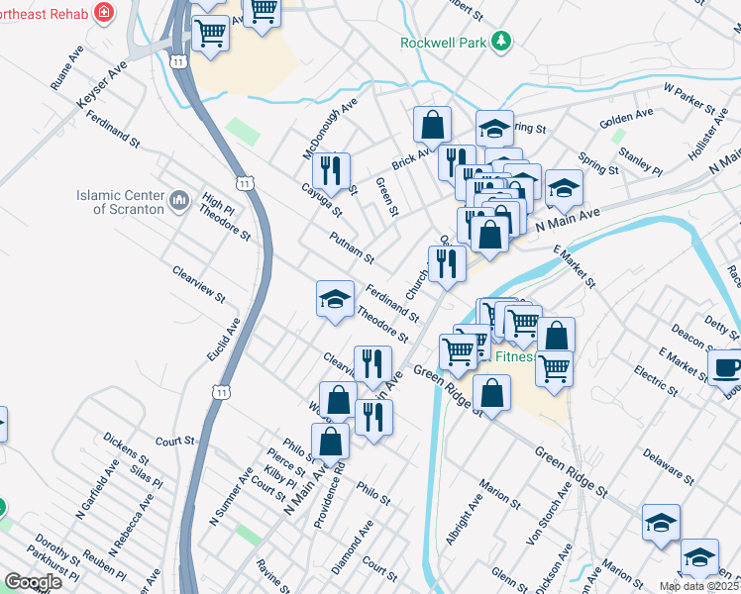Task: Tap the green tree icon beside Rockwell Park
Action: [x=503, y=41]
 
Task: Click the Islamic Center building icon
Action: [x=179, y=202]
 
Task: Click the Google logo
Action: [x=33, y=582]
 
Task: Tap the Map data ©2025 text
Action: [x=698, y=586]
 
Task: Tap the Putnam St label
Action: [x=353, y=246]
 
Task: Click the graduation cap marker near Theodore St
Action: [x=335, y=299]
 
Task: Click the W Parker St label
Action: [x=688, y=95]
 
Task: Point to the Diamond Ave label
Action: [x=353, y=547]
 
